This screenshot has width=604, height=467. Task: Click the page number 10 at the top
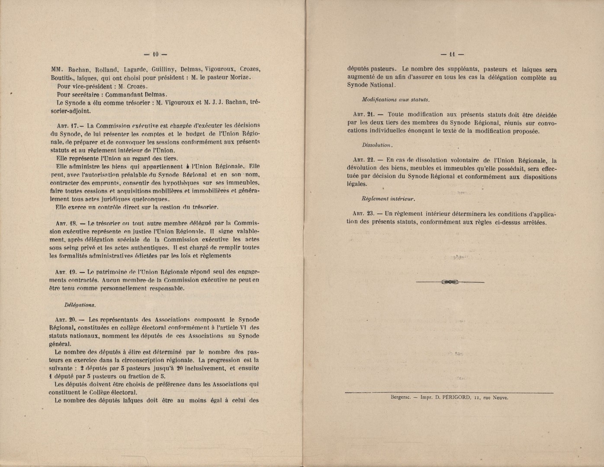tap(156, 54)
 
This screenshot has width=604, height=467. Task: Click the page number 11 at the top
tap(452, 54)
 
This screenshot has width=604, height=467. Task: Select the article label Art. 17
tap(66, 126)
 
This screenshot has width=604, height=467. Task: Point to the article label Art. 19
tap(66, 272)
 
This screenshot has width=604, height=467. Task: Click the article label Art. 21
tap(363, 115)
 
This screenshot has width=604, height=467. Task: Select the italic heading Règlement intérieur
tap(388, 199)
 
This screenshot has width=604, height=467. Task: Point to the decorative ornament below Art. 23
tap(450, 282)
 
